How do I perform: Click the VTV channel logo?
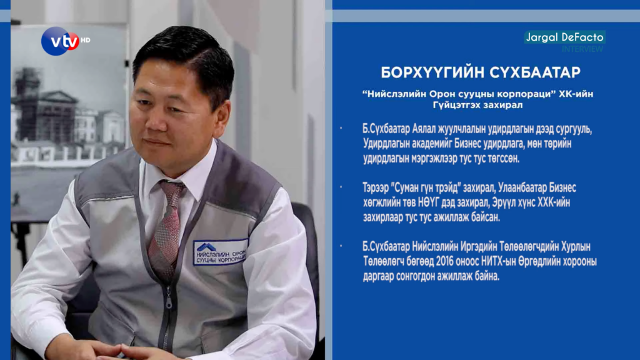click(61, 41)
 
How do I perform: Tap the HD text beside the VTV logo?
click(85, 40)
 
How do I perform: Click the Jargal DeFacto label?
click(564, 37)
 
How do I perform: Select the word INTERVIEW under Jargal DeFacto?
click(582, 49)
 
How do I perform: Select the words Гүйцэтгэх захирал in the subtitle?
click(477, 105)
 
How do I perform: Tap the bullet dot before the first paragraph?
click(341, 129)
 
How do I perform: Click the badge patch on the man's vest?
click(220, 252)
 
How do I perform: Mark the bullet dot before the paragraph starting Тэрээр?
click(341, 187)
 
